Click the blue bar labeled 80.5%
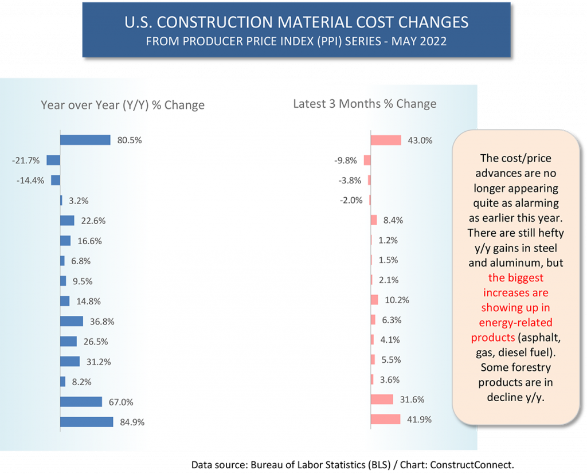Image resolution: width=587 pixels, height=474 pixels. tap(85, 140)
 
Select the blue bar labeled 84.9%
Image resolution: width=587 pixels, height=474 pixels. tap(87, 422)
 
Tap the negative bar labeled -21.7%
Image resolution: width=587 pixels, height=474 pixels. tap(53, 160)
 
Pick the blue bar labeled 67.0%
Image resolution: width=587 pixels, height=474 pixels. tap(81, 402)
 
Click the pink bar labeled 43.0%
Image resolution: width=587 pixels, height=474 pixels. tap(386, 140)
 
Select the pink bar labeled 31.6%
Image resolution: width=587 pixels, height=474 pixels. tap(382, 399)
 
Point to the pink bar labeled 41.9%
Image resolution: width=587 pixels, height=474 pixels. tap(385, 419)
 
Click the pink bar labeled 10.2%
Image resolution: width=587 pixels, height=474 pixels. tap(374, 300)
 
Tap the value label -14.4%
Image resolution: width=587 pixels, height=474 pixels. tap(32, 181)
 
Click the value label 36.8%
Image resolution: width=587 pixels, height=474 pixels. tap(101, 322)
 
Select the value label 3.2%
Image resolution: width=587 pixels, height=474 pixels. tap(78, 201)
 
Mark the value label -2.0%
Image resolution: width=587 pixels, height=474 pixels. tap(351, 200)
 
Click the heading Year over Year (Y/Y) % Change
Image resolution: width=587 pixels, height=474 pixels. tap(123, 105)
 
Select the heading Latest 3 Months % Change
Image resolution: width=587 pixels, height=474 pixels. tap(365, 104)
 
